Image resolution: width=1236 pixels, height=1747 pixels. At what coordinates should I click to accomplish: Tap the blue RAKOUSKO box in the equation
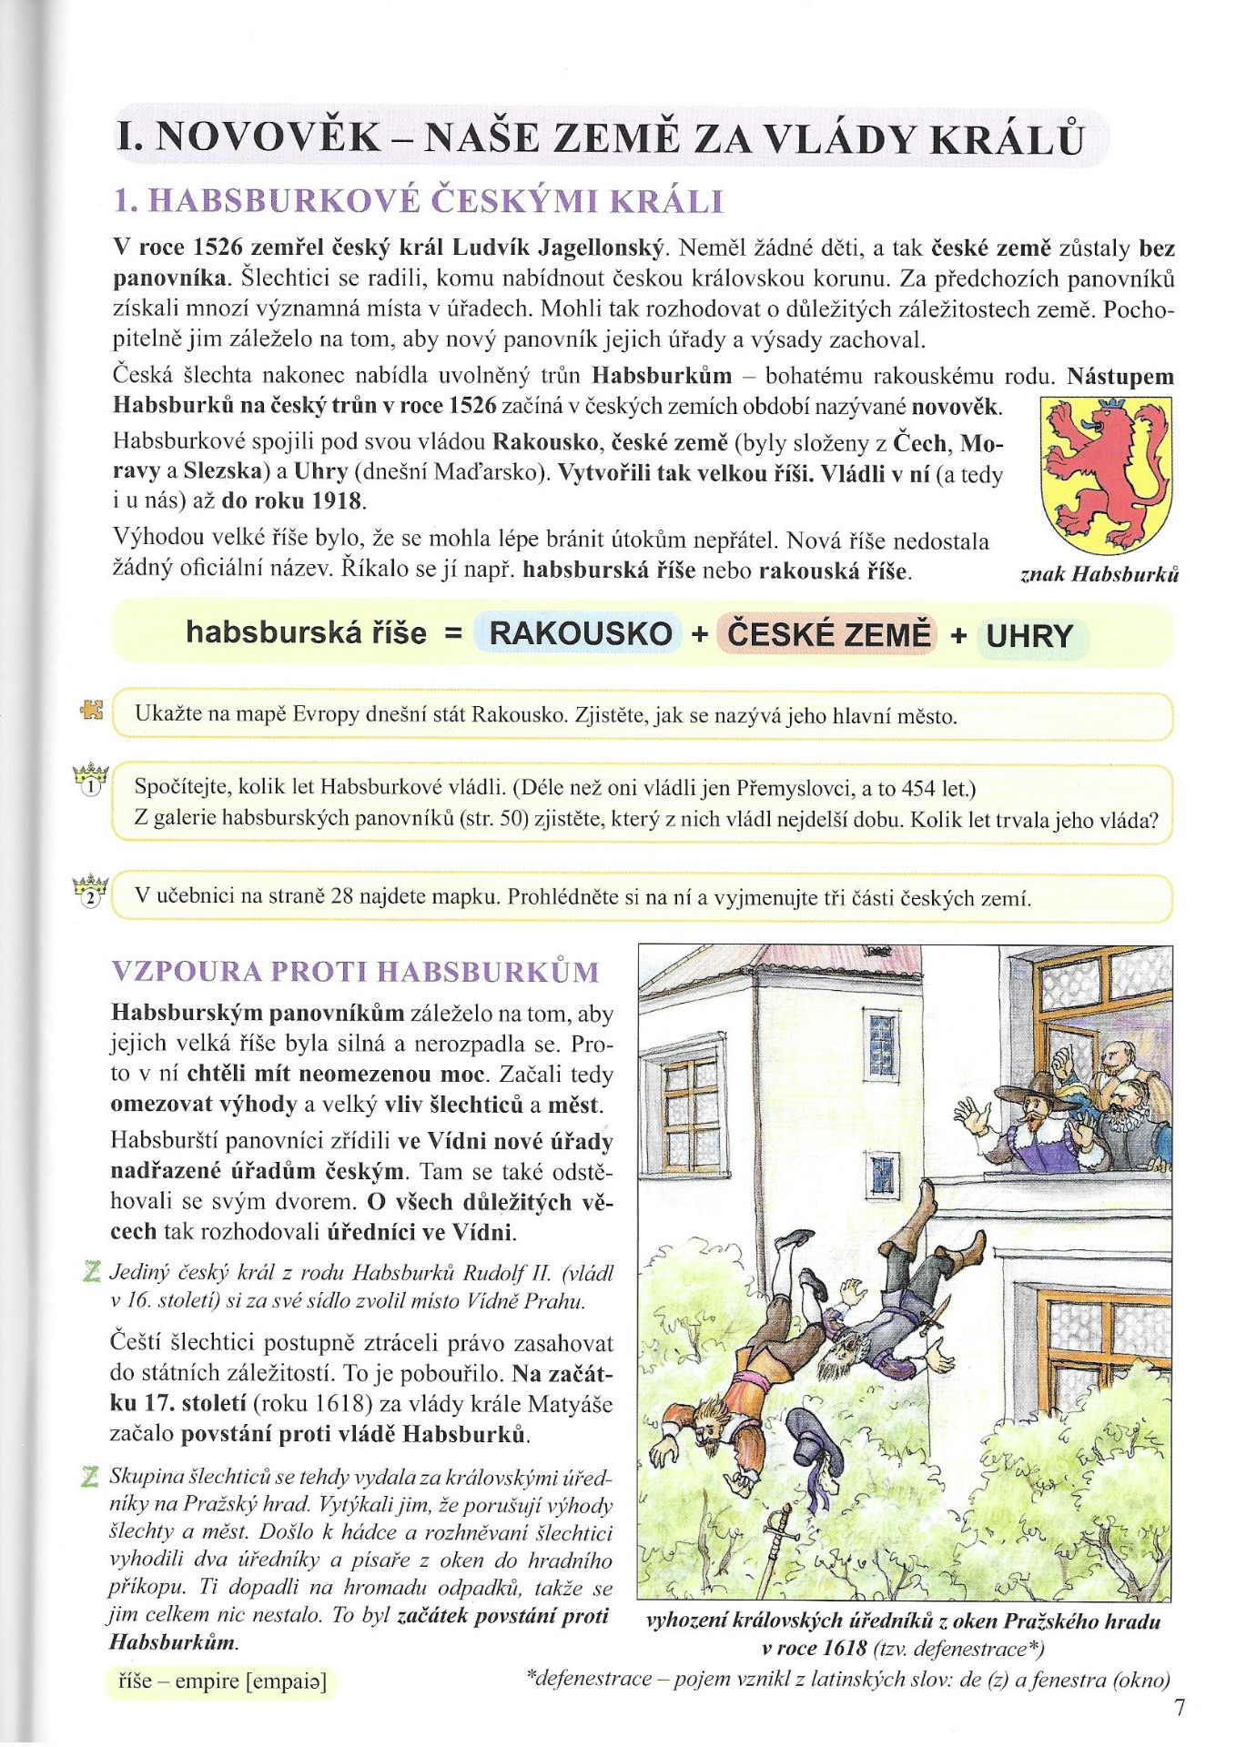(580, 633)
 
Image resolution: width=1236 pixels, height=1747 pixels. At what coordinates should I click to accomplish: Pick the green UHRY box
(1029, 636)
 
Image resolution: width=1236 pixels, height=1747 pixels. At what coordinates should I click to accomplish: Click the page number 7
(1180, 1708)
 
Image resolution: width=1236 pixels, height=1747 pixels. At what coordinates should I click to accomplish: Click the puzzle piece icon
(92, 710)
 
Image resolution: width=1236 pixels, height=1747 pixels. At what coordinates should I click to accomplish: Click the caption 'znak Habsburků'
(1099, 574)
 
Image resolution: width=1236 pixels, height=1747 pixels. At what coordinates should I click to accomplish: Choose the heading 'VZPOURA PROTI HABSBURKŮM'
(356, 972)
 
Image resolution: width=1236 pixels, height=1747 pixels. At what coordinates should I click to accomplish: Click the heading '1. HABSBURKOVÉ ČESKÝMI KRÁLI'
(419, 201)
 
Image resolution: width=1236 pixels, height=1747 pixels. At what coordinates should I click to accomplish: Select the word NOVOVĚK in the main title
(269, 137)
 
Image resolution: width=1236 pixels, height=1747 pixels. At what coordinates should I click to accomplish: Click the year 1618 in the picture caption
(845, 1648)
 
